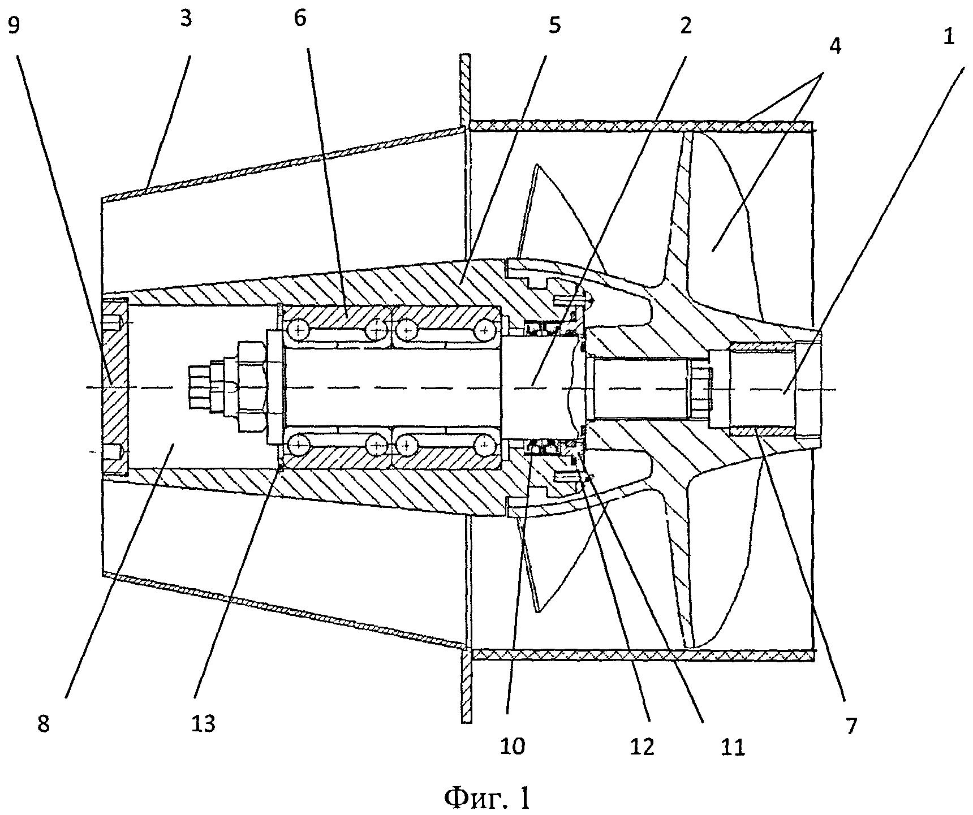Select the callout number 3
pyautogui.click(x=185, y=19)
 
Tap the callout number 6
pyautogui.click(x=300, y=19)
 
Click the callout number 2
pyautogui.click(x=686, y=26)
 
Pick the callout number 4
pyautogui.click(x=836, y=45)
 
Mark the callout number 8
pyautogui.click(x=44, y=724)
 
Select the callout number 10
pyautogui.click(x=512, y=747)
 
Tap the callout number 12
pyautogui.click(x=642, y=747)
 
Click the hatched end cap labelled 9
pyautogui.click(x=115, y=387)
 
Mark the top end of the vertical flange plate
pyautogui.click(x=466, y=55)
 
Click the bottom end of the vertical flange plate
pyautogui.click(x=466, y=721)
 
